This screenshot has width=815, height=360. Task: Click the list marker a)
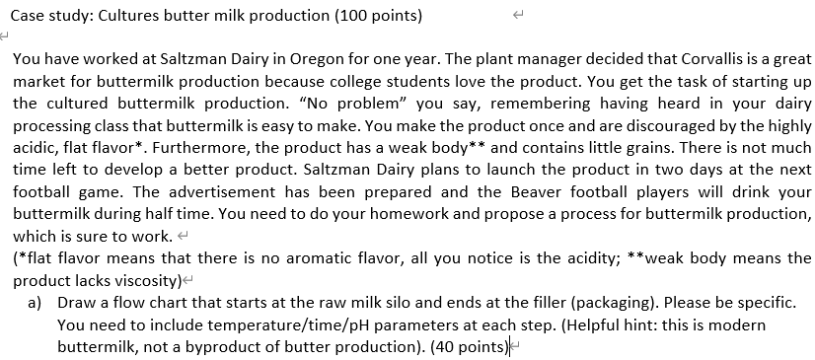(x=35, y=302)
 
